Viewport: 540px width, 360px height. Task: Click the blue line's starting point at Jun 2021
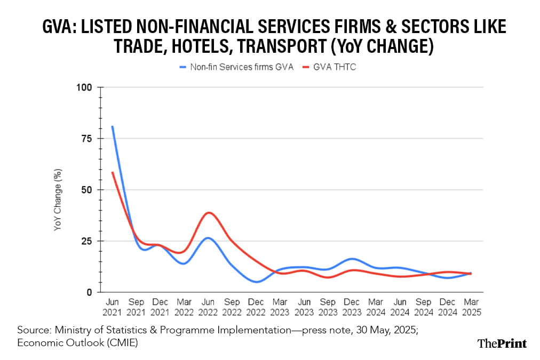pos(113,126)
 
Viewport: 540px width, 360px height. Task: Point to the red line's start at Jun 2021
pos(113,172)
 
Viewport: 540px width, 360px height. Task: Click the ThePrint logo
pos(501,343)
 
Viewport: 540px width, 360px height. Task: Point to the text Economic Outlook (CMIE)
pos(78,343)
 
